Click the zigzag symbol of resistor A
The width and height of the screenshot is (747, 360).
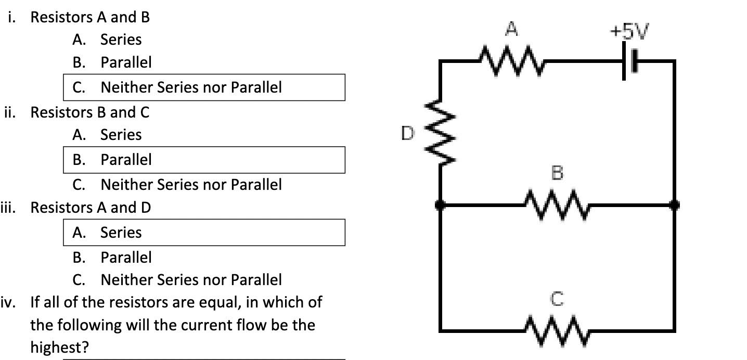click(511, 61)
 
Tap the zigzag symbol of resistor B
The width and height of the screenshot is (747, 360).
click(557, 205)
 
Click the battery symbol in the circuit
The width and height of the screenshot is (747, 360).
click(629, 61)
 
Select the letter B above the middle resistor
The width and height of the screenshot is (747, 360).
click(557, 173)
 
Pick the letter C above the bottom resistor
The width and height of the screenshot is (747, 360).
click(557, 299)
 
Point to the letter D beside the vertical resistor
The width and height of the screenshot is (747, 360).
click(408, 134)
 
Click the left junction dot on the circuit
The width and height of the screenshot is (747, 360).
click(441, 205)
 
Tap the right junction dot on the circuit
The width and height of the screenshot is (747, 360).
click(675, 205)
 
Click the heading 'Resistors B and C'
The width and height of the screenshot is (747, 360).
click(90, 112)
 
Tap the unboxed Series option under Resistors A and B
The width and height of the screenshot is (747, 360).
click(120, 40)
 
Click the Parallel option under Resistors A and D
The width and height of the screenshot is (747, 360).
click(125, 258)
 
